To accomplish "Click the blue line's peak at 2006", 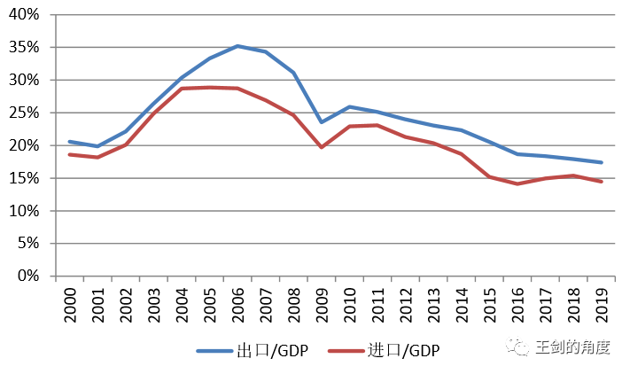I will coord(237,46).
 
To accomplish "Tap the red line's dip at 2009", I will coord(322,147).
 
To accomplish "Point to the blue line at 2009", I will coord(322,122).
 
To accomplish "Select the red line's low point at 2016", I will coord(517,183).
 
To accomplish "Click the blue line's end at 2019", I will coord(602,162).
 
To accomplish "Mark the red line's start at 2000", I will coord(69,154).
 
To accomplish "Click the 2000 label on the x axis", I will coord(69,304).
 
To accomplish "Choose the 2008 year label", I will coord(293,304).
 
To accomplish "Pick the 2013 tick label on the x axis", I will coord(433,304).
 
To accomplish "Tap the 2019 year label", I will coord(602,304).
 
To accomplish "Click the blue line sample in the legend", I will coord(214,351).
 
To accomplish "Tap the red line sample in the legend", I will coord(346,351).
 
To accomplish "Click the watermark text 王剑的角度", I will coord(572,347).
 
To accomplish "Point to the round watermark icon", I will coord(518,347).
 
